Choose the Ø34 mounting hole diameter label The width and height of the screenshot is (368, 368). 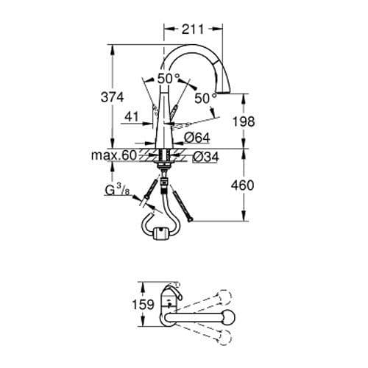click(x=204, y=156)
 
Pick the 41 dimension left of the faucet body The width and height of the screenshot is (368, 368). click(x=132, y=116)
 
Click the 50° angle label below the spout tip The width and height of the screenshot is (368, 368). click(x=205, y=96)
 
